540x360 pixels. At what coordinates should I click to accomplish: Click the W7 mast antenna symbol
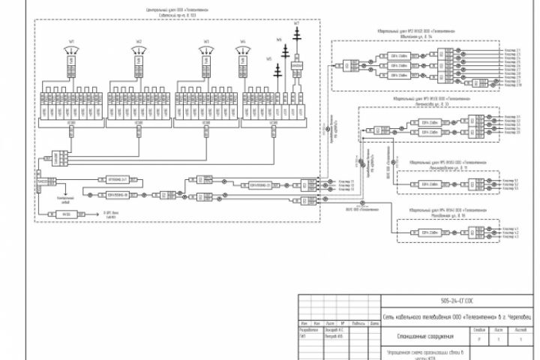[297, 41]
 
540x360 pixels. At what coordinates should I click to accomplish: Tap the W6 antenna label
[279, 38]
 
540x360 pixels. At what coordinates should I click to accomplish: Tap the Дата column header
[372, 323]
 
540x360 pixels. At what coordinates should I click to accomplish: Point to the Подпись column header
[358, 323]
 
